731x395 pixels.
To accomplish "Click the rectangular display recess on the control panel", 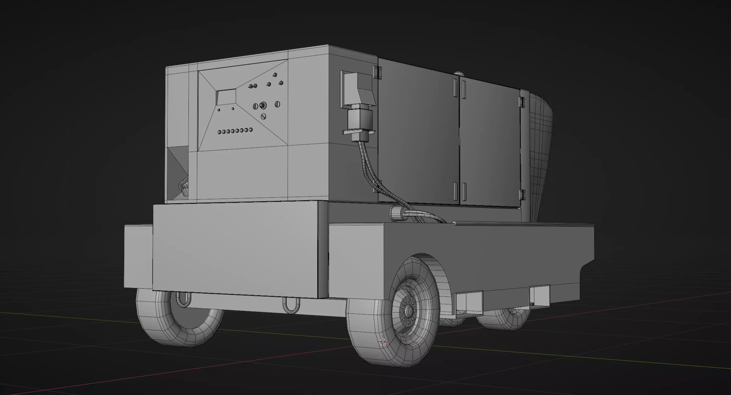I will pos(226,97).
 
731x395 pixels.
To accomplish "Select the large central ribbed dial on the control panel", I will pos(263,105).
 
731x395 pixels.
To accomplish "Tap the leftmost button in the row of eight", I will pos(219,132).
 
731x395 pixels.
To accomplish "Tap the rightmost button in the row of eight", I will pos(251,130).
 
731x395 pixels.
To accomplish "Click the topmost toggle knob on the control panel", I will pos(275,75).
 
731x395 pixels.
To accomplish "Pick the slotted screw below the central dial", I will pos(263,116).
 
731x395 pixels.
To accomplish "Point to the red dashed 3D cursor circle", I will pos(383,342).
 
